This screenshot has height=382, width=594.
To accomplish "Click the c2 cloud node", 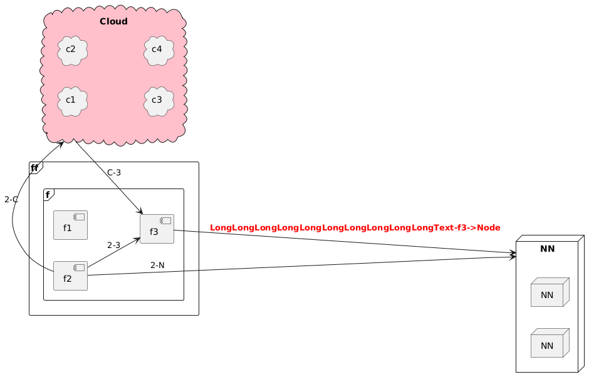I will (71, 49).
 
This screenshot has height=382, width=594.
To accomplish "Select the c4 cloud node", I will (158, 49).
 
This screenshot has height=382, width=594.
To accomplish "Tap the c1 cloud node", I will (71, 100).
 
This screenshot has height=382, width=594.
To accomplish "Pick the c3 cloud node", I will (158, 100).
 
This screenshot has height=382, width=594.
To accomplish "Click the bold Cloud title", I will (113, 22).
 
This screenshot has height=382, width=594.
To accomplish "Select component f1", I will (70, 225).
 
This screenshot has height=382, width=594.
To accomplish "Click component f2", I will (70, 276).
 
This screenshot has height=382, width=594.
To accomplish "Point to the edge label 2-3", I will (113, 245).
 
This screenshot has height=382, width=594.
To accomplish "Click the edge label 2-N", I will (157, 266).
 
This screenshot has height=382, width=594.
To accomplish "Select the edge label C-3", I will (114, 173).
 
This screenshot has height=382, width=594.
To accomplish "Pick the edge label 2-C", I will (11, 200).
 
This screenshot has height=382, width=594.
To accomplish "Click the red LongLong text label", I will (355, 227).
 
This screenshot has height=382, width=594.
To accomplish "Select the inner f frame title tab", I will (48, 194).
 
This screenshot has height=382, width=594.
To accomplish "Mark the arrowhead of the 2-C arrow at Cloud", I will (63, 143).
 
